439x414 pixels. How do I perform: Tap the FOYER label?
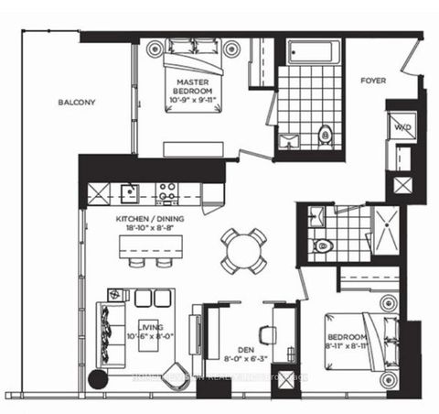pos(373,81)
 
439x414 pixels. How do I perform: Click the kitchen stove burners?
pos(166,192)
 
